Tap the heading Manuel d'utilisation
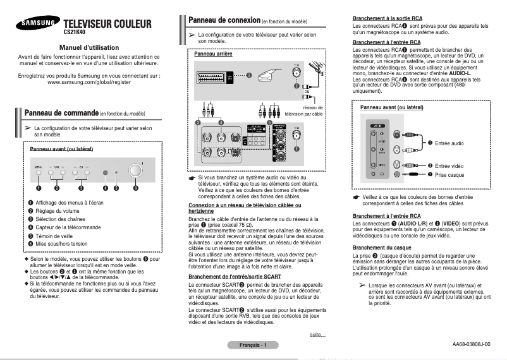[89, 47]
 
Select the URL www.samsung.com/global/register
[89, 83]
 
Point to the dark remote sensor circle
[106, 172]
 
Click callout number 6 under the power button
[135, 188]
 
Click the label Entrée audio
[449, 143]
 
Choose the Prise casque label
[449, 174]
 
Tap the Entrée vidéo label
[449, 165]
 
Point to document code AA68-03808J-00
[471, 344]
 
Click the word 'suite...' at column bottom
[317, 334]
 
